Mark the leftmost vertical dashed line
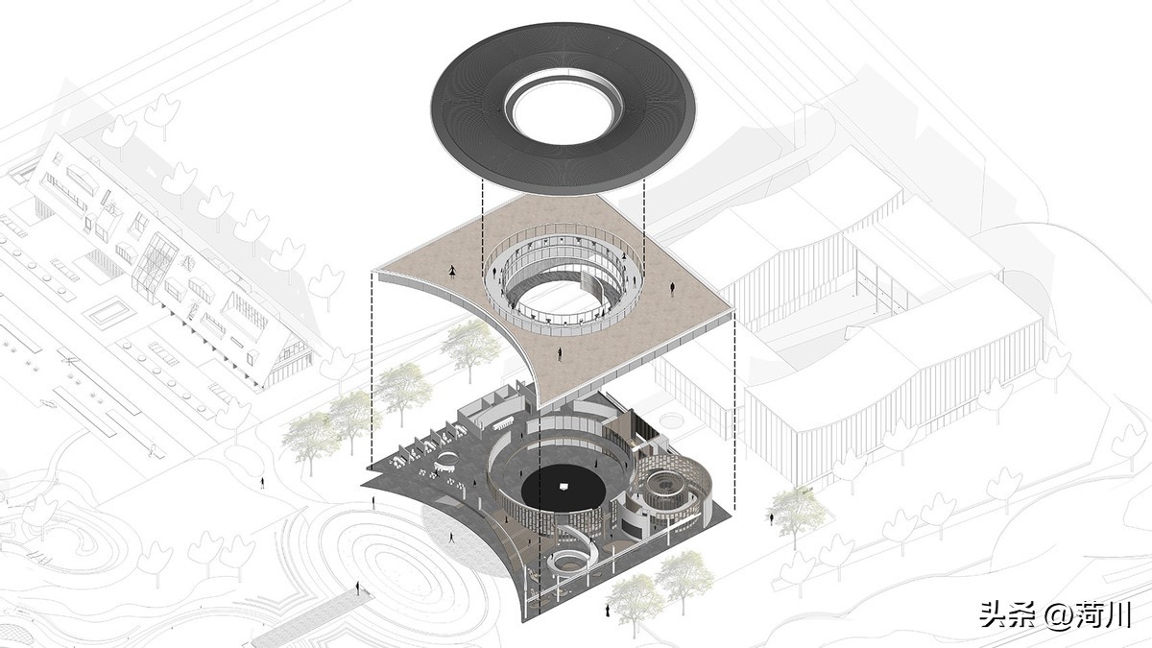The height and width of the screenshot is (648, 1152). click(372, 365)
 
